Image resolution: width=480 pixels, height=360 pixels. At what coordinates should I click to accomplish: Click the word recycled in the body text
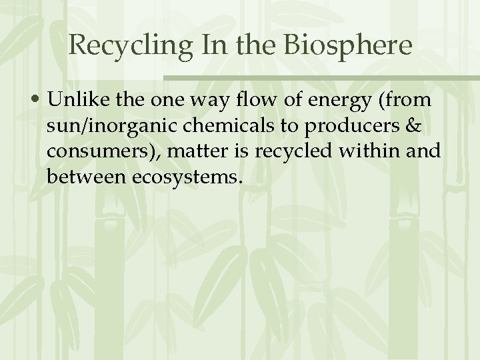point(289,151)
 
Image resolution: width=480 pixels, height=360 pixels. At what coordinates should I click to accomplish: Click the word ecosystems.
point(189,177)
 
